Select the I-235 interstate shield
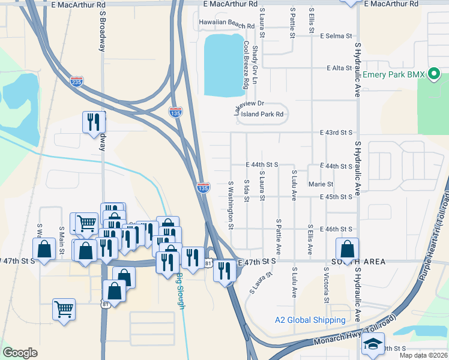(x=76, y=82)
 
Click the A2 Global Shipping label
(x=310, y=320)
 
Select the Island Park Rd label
(x=262, y=114)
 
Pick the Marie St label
(x=321, y=184)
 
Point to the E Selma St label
(x=336, y=36)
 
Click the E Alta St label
(x=338, y=68)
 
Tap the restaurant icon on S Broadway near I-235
(x=94, y=122)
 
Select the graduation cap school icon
(x=372, y=344)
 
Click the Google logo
(x=20, y=353)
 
